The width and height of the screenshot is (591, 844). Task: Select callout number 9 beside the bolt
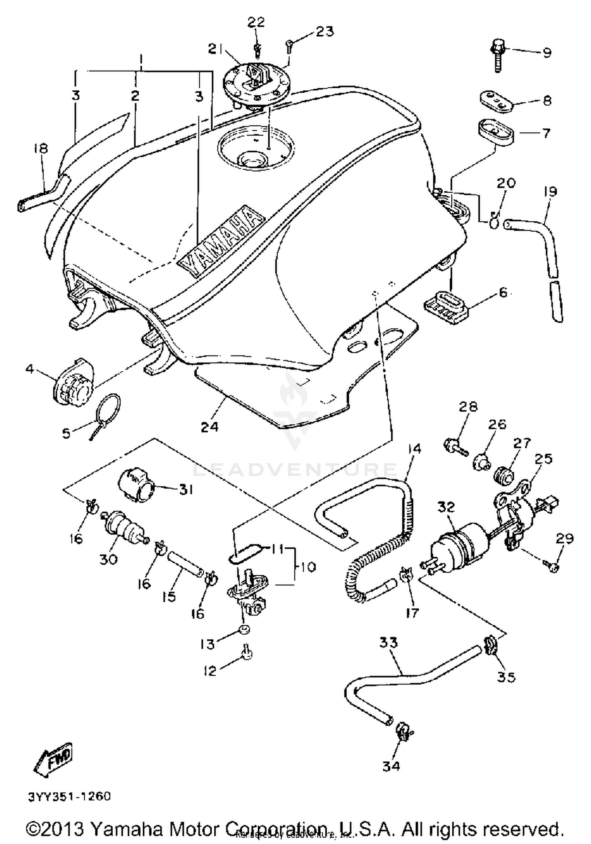546,52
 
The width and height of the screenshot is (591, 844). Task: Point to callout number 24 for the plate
209,426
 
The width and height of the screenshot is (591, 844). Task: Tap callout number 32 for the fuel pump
446,507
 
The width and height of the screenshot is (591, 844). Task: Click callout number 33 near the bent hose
388,643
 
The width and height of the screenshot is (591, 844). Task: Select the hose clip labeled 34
401,731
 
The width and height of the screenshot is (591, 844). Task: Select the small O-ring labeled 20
494,223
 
